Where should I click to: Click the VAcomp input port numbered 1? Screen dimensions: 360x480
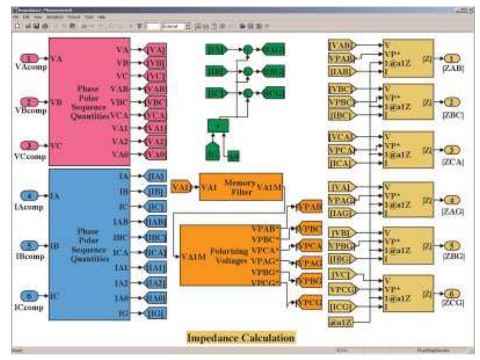click(x=31, y=59)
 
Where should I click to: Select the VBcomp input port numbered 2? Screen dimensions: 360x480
click(x=31, y=101)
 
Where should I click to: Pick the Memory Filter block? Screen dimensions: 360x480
click(x=241, y=187)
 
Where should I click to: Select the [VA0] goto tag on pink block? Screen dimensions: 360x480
click(x=155, y=154)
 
